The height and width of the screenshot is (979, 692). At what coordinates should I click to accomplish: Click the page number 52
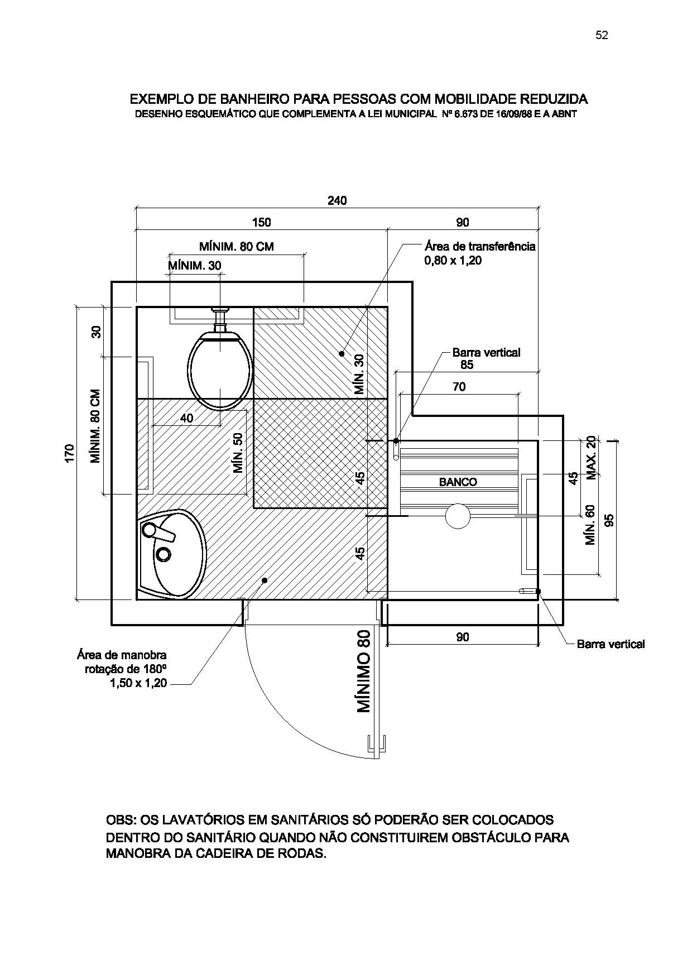pyautogui.click(x=602, y=35)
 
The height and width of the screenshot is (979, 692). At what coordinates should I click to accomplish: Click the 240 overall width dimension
pyautogui.click(x=337, y=200)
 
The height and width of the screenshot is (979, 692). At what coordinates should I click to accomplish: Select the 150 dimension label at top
pyautogui.click(x=261, y=222)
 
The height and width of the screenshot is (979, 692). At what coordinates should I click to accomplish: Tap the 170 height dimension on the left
pyautogui.click(x=69, y=453)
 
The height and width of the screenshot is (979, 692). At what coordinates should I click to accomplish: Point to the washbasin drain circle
pyautogui.click(x=164, y=554)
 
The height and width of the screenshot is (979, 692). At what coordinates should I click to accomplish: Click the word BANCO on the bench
pyautogui.click(x=458, y=482)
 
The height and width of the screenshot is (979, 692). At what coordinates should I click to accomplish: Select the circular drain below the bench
pyautogui.click(x=458, y=516)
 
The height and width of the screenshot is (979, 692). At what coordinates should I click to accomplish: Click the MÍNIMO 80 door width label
pyautogui.click(x=364, y=671)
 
